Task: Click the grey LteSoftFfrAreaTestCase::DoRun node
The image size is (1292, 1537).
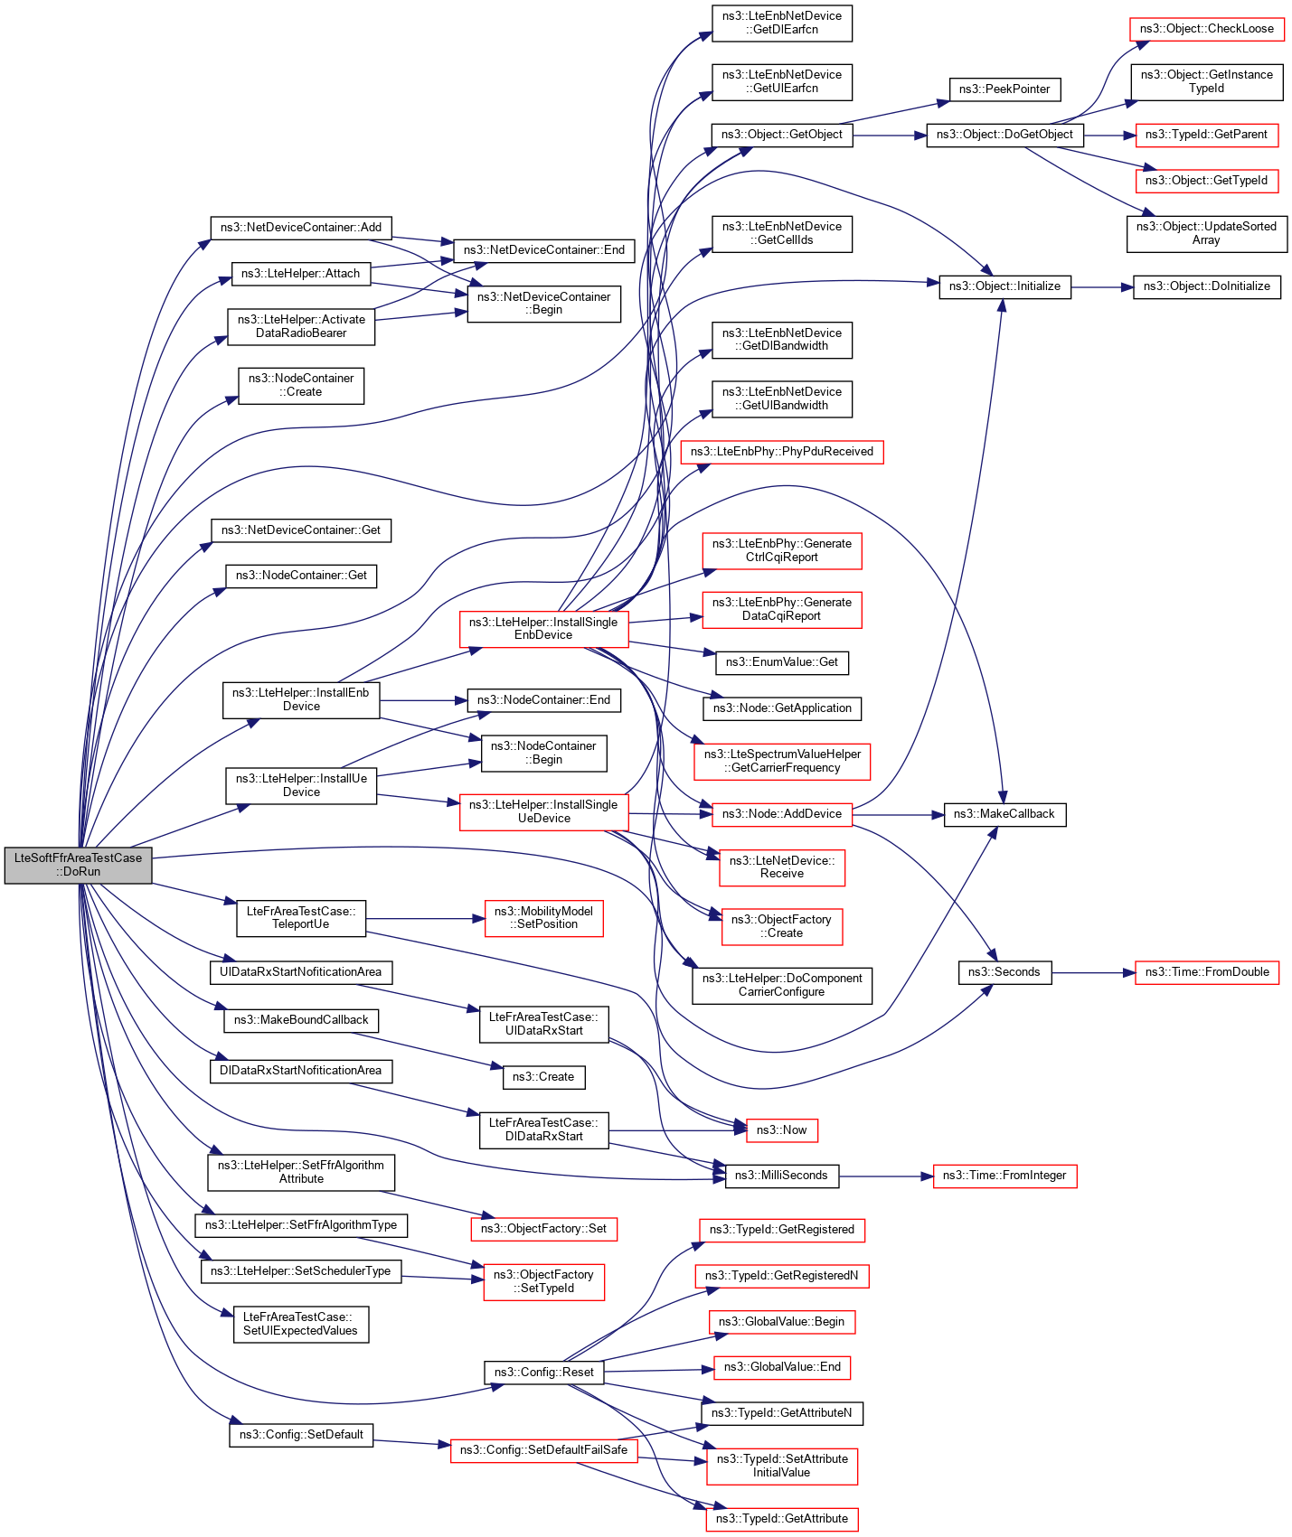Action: [x=78, y=865]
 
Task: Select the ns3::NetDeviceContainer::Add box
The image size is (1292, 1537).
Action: [x=301, y=227]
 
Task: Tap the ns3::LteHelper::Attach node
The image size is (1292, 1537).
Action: [x=301, y=273]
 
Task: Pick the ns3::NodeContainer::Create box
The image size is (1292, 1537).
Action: [x=301, y=385]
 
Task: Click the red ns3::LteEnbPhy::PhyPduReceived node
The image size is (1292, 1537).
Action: [x=781, y=452]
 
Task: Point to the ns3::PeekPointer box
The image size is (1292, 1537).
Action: [x=1004, y=89]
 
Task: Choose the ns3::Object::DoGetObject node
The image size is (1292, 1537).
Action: [x=1004, y=135]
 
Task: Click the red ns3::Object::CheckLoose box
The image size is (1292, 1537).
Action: [x=1206, y=29]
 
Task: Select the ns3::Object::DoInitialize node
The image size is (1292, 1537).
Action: [x=1206, y=286]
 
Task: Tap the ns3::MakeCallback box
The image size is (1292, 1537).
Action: [x=1004, y=814]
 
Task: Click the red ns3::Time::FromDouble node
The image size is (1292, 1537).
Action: [x=1207, y=972]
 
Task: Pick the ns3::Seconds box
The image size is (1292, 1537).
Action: [x=1004, y=972]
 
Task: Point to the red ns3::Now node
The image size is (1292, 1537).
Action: [x=781, y=1130]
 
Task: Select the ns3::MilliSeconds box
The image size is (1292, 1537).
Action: [x=781, y=1176]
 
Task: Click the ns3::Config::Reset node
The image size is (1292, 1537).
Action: [x=543, y=1373]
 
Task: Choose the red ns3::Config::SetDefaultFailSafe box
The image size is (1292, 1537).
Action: [x=543, y=1450]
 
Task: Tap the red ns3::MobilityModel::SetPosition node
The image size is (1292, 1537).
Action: [x=543, y=918]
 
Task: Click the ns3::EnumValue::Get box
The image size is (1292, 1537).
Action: [x=781, y=662]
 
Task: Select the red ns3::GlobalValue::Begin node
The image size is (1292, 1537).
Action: [x=781, y=1322]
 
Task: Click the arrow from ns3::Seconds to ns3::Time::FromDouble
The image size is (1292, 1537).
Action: [x=1093, y=973]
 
